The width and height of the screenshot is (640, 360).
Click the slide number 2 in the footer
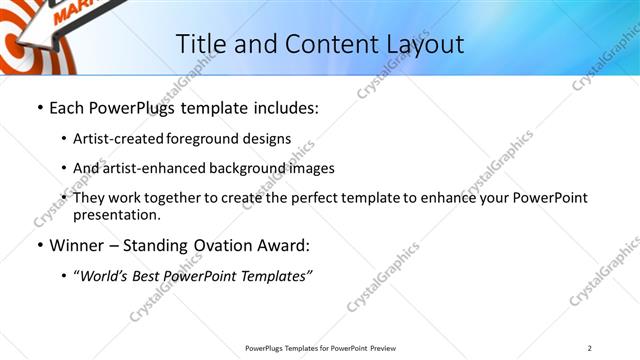589,347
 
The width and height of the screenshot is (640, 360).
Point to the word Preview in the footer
388,347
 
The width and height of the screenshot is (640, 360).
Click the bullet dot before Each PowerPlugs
39,108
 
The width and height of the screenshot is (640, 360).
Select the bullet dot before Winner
39,246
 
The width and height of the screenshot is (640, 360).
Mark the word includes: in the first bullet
281,108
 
